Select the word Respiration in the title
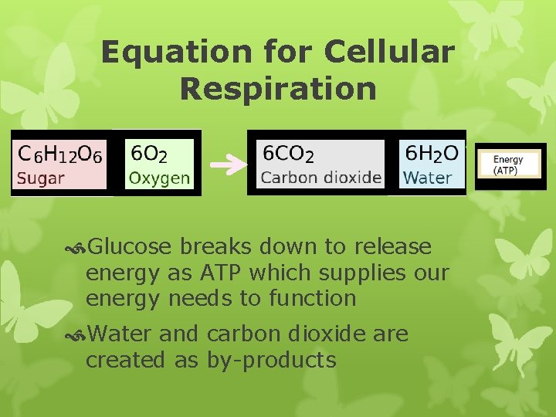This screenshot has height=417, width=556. tap(278, 88)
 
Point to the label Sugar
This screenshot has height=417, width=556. tap(41, 178)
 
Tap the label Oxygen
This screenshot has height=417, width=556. tap(159, 178)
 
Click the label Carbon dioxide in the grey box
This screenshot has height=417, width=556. tap(321, 178)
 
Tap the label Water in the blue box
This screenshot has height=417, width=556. tap(427, 178)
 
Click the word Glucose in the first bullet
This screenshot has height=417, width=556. tap(130, 247)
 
